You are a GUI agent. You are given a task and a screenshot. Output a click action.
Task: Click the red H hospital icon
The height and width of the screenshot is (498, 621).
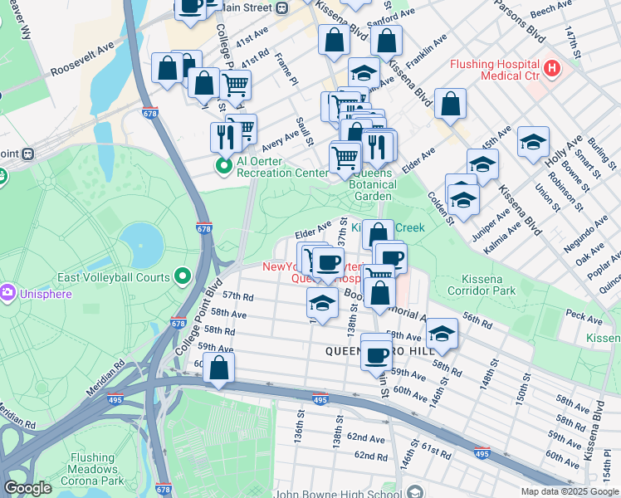coord(550,66)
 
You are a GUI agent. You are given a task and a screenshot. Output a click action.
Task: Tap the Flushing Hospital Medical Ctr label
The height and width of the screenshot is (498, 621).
coord(495,71)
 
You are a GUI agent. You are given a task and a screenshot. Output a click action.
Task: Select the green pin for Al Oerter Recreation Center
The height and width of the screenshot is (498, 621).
coord(223,167)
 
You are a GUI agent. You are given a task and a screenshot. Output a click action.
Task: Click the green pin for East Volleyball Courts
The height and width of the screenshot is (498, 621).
coord(183,277)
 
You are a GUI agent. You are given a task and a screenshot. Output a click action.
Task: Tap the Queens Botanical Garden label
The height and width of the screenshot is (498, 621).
coord(372,184)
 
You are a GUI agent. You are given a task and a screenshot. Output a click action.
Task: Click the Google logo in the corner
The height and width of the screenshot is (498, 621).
coord(27,488)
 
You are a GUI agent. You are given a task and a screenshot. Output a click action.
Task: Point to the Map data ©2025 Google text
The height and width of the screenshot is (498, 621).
coord(570,491)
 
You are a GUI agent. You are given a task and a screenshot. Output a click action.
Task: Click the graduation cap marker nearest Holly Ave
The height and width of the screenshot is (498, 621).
coord(533,142)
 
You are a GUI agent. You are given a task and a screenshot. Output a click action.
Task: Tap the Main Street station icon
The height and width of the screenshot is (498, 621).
coord(282,8)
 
